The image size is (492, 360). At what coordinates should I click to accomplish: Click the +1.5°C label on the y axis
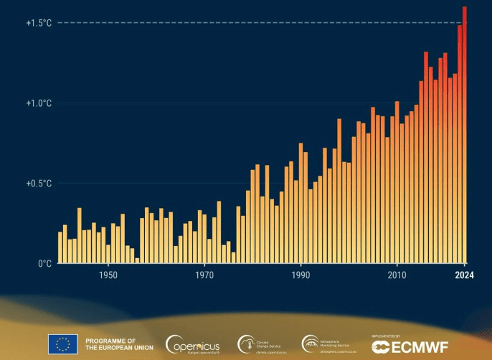(x=39, y=23)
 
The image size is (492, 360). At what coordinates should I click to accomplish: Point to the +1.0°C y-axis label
(x=39, y=103)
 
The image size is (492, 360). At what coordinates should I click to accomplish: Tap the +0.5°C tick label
(x=39, y=184)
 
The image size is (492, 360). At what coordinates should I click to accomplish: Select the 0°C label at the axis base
(x=44, y=263)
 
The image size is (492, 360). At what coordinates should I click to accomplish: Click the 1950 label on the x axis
(x=108, y=275)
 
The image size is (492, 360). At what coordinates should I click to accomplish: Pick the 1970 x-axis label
(x=204, y=275)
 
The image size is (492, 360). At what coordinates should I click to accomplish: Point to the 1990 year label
(x=301, y=275)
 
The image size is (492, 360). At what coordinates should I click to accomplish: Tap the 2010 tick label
(x=397, y=275)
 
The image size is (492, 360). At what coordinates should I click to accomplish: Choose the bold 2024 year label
(x=464, y=275)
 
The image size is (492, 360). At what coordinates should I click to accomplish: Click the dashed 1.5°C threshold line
(x=251, y=23)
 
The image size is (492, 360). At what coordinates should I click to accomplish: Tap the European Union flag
(x=62, y=344)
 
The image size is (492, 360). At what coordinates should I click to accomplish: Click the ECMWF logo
(x=410, y=346)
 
